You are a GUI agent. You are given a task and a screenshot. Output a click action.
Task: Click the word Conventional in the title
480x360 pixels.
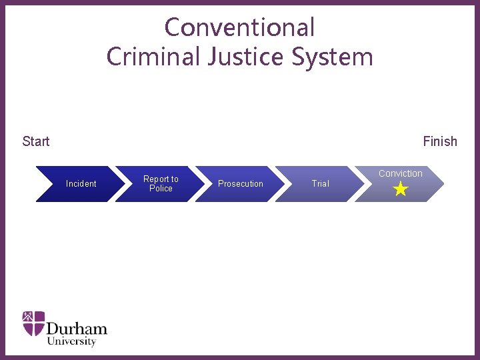[x=239, y=27]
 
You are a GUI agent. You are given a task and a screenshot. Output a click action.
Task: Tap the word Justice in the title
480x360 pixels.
[x=236, y=57]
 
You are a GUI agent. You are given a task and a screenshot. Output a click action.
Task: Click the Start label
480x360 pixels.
[x=36, y=141]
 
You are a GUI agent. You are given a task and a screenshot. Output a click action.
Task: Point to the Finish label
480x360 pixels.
[x=440, y=141]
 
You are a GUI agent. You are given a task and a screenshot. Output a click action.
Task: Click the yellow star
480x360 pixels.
[x=401, y=190]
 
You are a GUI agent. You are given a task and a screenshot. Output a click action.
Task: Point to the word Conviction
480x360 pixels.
[x=401, y=173]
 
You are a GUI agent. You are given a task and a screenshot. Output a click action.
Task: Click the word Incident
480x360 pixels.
[x=81, y=184]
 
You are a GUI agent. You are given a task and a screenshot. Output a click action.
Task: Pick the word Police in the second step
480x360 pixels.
[x=161, y=189]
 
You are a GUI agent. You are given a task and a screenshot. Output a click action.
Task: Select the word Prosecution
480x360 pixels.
[x=241, y=184]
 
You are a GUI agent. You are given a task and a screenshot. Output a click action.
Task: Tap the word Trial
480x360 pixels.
[x=321, y=184]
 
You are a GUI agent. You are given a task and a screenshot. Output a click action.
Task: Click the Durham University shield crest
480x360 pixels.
[x=34, y=323]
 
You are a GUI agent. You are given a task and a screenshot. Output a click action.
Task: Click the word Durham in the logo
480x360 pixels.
[x=77, y=329]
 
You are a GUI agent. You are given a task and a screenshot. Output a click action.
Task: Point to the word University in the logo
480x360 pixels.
[x=71, y=341]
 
